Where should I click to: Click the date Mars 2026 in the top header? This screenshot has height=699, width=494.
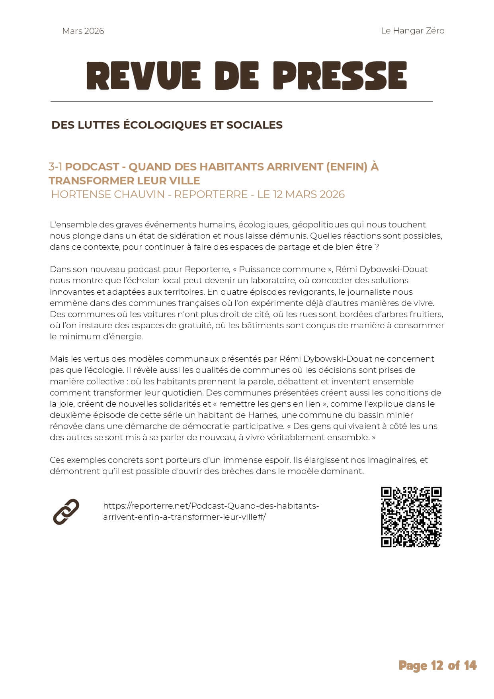tap(83, 31)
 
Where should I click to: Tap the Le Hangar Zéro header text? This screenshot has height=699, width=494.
tap(412, 31)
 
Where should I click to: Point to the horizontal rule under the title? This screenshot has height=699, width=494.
tap(241, 102)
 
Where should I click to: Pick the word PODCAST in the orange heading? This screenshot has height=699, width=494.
tap(92, 167)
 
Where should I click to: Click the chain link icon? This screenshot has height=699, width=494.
tap(66, 511)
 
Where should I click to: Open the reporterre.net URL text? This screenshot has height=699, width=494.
tap(211, 511)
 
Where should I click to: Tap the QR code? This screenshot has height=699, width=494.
tap(411, 517)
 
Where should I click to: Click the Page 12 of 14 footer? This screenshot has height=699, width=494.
tap(437, 666)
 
